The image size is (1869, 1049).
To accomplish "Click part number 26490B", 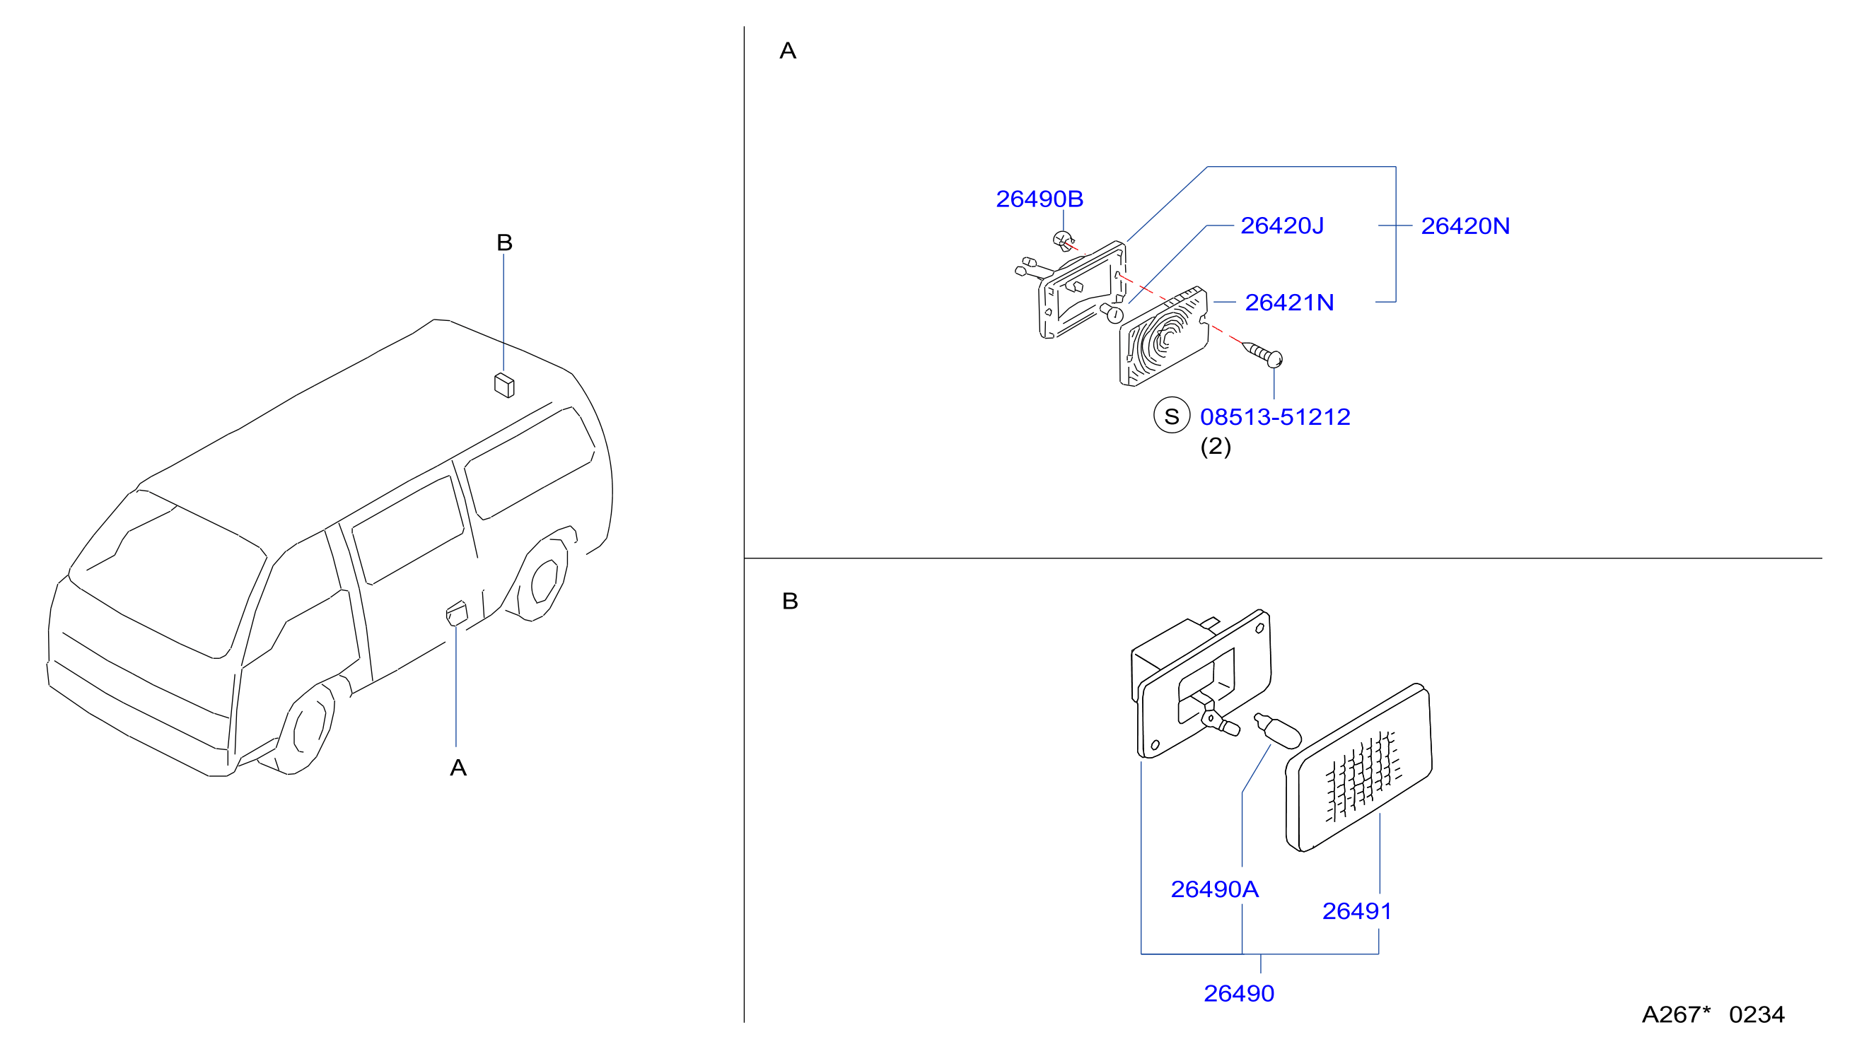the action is (1039, 199).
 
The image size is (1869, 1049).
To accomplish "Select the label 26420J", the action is (1282, 225).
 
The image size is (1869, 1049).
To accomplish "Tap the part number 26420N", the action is (1465, 226).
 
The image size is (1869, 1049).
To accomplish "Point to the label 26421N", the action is (1289, 303).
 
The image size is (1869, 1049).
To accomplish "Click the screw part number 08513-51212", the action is (1275, 417).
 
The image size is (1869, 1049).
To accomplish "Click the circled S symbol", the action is (1172, 416).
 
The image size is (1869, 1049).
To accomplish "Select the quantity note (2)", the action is (1216, 446).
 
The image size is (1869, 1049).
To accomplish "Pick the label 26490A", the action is (1215, 889).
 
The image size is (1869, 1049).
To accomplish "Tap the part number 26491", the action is (1357, 911).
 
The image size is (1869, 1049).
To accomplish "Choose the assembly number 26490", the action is (1238, 993).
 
